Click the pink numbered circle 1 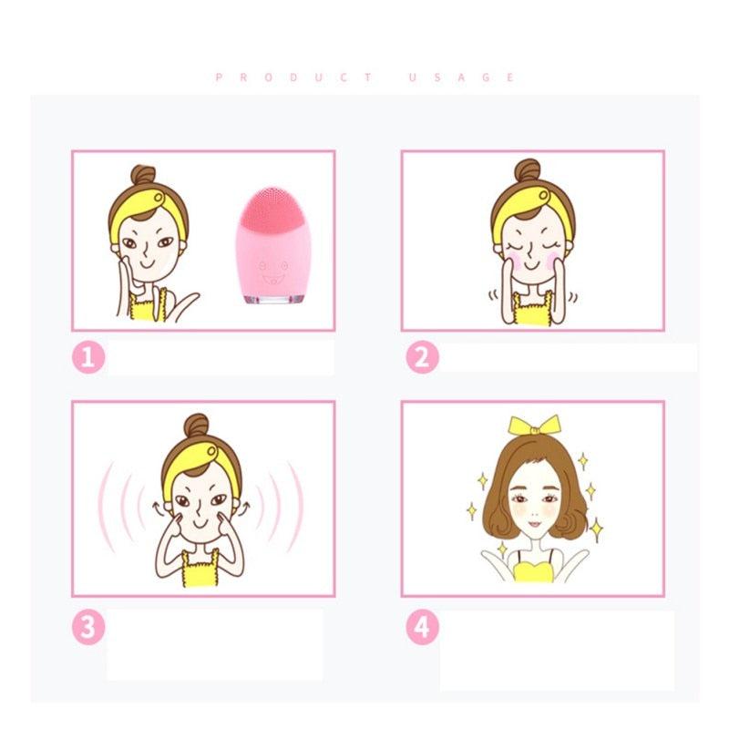(x=87, y=357)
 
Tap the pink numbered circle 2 (x=421, y=357)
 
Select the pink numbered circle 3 (x=87, y=627)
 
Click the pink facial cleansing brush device (x=266, y=246)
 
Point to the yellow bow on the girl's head (x=534, y=426)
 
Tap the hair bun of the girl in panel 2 (x=528, y=170)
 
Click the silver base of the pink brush (x=266, y=297)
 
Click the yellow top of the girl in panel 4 (x=533, y=572)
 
